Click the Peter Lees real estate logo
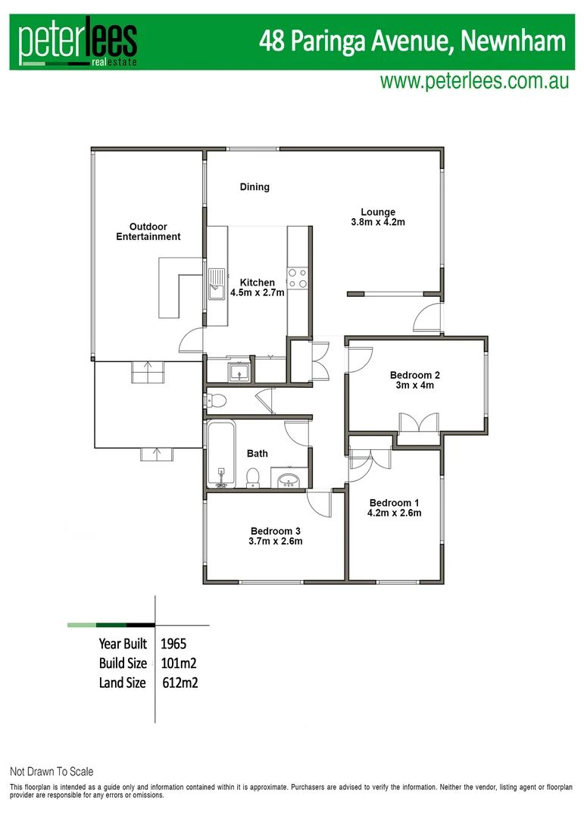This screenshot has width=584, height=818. [x=78, y=43]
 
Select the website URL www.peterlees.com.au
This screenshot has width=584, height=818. [x=474, y=81]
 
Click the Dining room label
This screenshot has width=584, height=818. [x=255, y=187]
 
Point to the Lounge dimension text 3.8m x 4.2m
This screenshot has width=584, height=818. [x=378, y=223]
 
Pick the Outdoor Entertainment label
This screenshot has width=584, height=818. [x=148, y=232]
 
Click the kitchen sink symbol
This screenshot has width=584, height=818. [x=217, y=281]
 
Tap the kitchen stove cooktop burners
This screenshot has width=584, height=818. [x=298, y=279]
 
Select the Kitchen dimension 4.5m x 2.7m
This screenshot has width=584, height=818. [x=258, y=293]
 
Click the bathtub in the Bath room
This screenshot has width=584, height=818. [x=220, y=453]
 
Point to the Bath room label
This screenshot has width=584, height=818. [x=258, y=454]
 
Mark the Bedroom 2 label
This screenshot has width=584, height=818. [x=415, y=375]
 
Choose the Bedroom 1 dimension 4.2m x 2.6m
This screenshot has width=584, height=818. [x=395, y=513]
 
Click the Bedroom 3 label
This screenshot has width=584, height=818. [x=276, y=530]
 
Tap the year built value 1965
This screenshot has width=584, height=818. [x=174, y=645]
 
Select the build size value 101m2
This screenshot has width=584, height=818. [x=180, y=663]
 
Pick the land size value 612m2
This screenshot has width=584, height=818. [x=180, y=682]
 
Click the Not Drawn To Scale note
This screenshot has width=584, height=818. [x=52, y=772]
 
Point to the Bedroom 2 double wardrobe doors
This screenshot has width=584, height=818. [x=418, y=423]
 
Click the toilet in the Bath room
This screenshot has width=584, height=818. [x=254, y=476]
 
